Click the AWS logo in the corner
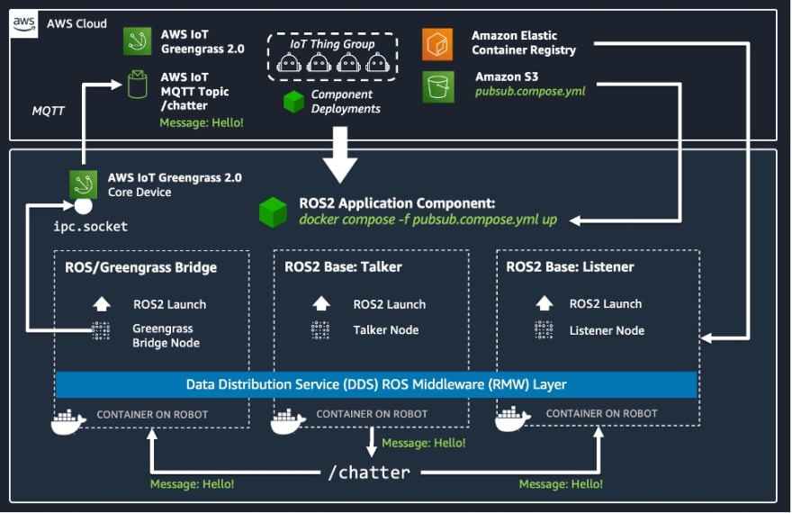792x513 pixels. coord(23,24)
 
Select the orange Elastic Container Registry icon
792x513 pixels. coord(437,44)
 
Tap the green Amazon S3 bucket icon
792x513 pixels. coord(438,86)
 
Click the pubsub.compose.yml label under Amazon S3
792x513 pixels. coord(530,92)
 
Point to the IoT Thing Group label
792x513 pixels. coord(332,44)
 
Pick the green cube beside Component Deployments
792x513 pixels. coord(293,102)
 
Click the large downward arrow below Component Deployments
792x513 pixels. coord(340,155)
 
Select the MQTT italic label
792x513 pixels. coord(48,111)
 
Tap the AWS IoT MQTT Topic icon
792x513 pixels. coord(138,85)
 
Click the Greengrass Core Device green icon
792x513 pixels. coord(84,184)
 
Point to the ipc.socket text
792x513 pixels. coord(90,226)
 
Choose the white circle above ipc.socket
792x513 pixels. coord(84,206)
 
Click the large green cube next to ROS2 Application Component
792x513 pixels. coord(273,212)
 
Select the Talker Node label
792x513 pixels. coord(386,330)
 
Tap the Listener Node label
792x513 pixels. coord(607,330)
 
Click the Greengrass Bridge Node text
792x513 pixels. coord(166,336)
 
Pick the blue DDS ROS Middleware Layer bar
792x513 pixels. coord(376,385)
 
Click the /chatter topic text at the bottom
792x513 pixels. coord(369,472)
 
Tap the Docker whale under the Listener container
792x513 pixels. coord(512,418)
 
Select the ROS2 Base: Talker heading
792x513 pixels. coord(343,266)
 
